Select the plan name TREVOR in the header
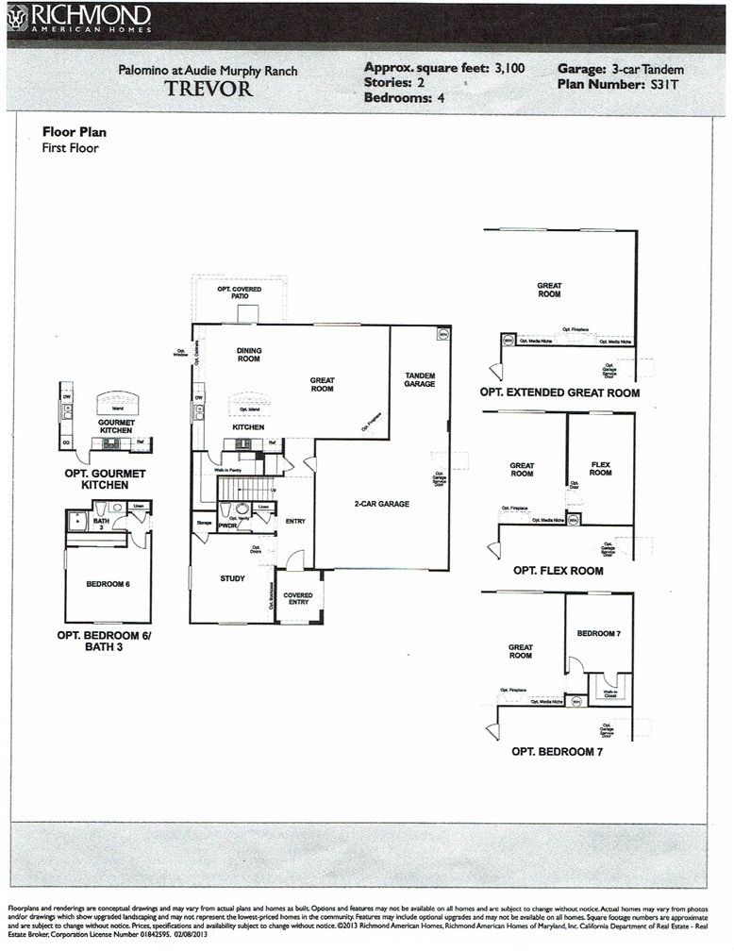pyautogui.click(x=209, y=90)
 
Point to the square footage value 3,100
pyautogui.click(x=509, y=68)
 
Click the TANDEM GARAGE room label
pyautogui.click(x=420, y=378)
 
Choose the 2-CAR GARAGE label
pyautogui.click(x=381, y=504)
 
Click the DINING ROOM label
pyautogui.click(x=248, y=355)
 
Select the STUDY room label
pyautogui.click(x=232, y=578)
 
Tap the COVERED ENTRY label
pyautogui.click(x=298, y=599)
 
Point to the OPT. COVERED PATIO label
pyautogui.click(x=240, y=292)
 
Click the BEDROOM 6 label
pyautogui.click(x=108, y=584)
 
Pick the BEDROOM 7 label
pyautogui.click(x=598, y=633)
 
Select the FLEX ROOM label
pyautogui.click(x=601, y=469)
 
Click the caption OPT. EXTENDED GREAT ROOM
pyautogui.click(x=559, y=392)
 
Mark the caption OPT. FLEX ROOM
pyautogui.click(x=559, y=571)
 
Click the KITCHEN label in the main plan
pyautogui.click(x=249, y=427)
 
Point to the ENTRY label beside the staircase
pyautogui.click(x=295, y=521)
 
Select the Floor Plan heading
pyautogui.click(x=75, y=132)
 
